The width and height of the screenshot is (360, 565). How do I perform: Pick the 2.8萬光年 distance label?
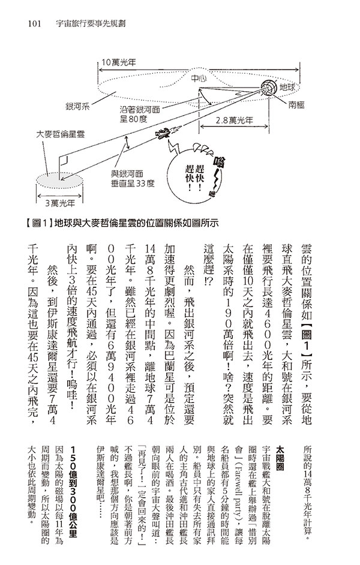(x=235, y=119)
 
